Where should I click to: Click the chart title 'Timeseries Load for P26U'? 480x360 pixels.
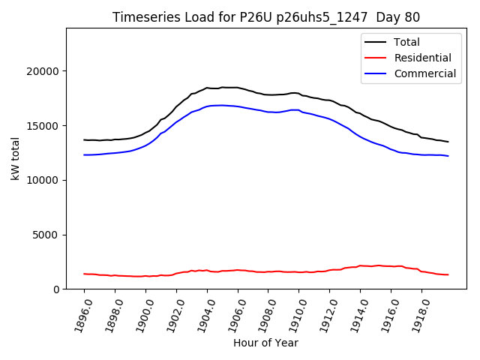coord(266,17)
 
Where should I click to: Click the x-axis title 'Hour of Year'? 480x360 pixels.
coord(265,343)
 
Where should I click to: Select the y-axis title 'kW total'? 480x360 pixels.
coord(16,158)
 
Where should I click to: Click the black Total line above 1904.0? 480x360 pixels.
coord(207,88)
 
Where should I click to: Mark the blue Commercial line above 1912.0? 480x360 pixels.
coord(329,119)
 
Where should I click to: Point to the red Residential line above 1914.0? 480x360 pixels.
coord(360,265)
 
